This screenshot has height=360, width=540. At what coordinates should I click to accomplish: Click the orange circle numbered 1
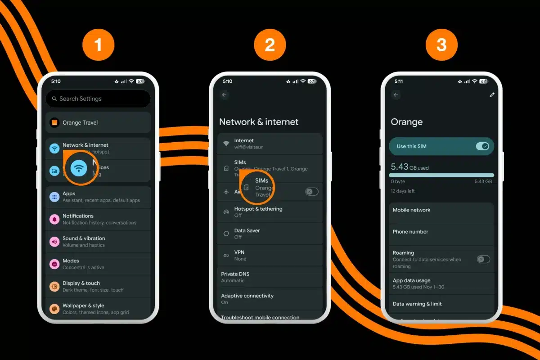(x=98, y=45)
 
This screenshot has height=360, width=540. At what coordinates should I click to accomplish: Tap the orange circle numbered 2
(x=270, y=45)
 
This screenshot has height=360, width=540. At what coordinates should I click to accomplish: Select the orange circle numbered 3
(x=441, y=45)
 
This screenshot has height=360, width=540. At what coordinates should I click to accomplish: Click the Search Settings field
(x=98, y=99)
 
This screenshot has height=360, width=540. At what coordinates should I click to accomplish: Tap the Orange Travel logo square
(x=54, y=122)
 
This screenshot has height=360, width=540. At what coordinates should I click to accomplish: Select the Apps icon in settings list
(x=54, y=197)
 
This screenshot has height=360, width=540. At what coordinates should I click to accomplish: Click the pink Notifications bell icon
(x=54, y=219)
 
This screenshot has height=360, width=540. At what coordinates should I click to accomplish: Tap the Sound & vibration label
(x=84, y=238)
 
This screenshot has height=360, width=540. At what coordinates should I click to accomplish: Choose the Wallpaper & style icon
(x=54, y=309)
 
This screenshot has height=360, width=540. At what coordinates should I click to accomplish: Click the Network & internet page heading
(x=259, y=122)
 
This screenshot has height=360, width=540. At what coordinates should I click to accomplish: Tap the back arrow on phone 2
(x=224, y=95)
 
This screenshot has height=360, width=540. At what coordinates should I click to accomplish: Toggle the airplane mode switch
(x=311, y=192)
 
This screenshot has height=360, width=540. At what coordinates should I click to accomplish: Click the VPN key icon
(x=226, y=256)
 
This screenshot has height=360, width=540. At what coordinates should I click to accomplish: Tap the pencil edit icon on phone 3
(x=492, y=95)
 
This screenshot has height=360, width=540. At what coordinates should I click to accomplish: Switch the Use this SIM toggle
(x=482, y=146)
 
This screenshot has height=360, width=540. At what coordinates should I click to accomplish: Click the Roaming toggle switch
(x=483, y=259)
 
